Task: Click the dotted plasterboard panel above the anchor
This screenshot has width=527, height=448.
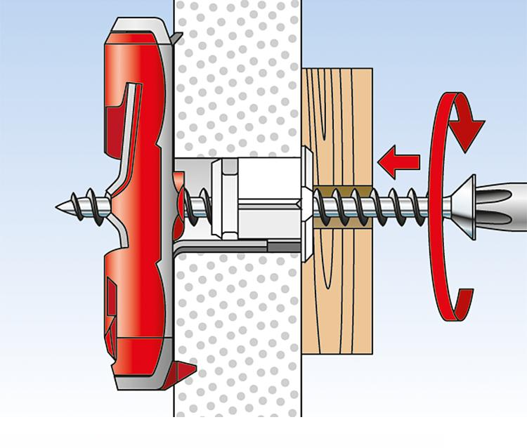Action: tap(232, 77)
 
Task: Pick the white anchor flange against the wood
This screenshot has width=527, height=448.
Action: tap(308, 204)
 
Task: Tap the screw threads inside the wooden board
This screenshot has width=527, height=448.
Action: tap(344, 206)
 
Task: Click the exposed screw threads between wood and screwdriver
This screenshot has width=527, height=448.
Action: tap(408, 206)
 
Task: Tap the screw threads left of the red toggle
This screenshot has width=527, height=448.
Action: tap(84, 204)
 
